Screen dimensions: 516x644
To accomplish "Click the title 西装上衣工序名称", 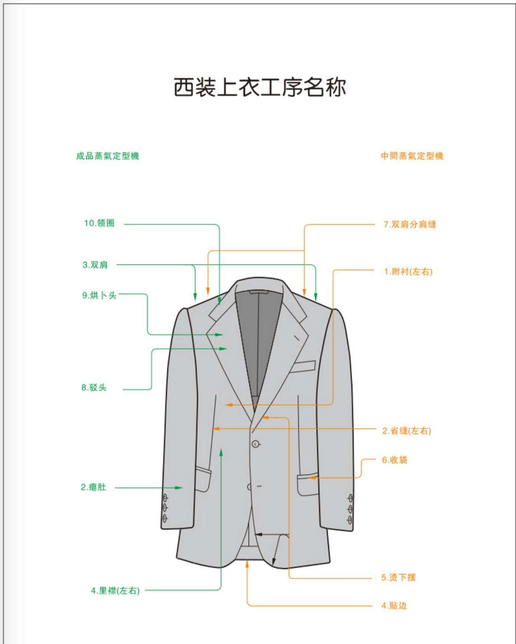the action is coord(260,87).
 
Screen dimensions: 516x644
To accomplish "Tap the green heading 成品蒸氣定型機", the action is coord(108,156).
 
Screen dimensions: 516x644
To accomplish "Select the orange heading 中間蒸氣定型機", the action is coord(412,156).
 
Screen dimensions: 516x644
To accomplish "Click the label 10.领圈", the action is coord(99,223).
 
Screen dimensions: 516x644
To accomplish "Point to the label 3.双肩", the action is coord(95,265).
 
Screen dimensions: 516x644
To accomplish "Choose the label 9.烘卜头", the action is coord(99,295).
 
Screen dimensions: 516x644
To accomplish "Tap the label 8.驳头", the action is coord(94,388).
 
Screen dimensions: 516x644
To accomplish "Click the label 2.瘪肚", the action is coord(93,487).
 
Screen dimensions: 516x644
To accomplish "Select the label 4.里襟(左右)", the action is coord(115,591).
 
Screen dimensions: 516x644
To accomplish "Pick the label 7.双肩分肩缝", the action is coord(410,224).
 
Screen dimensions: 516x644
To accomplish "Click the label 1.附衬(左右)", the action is coord(408,272).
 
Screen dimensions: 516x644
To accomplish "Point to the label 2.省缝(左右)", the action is coord(407,431).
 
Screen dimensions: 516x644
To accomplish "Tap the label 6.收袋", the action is coord(395,460).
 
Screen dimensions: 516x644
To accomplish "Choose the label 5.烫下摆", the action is coord(398,577).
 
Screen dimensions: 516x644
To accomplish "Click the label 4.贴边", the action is coord(394,606).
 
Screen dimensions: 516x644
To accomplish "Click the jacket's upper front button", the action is coord(255,444).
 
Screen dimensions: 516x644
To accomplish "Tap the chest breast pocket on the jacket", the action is coord(303,366).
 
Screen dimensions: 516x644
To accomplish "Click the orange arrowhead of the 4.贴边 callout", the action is coord(247,564).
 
